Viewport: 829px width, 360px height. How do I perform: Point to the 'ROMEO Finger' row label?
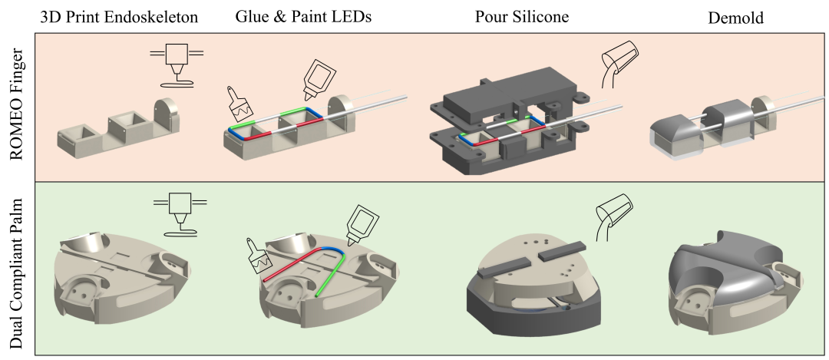17,107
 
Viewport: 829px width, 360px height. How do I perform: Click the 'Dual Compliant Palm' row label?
17,269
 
